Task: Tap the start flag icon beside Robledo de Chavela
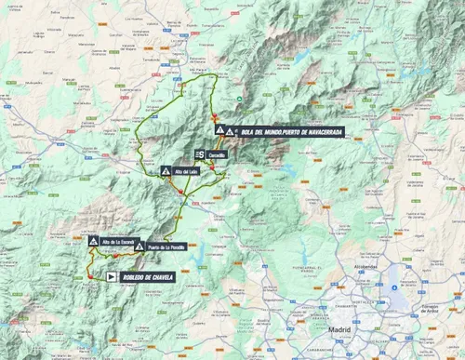coord(112,276)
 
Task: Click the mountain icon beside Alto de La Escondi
coord(94,242)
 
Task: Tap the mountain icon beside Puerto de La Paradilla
coord(139,247)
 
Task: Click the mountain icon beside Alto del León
coord(166,172)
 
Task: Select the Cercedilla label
coord(218,154)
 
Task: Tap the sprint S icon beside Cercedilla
coord(200,154)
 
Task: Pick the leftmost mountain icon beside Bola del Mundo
coord(219,131)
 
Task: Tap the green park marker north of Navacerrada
coord(239,100)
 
